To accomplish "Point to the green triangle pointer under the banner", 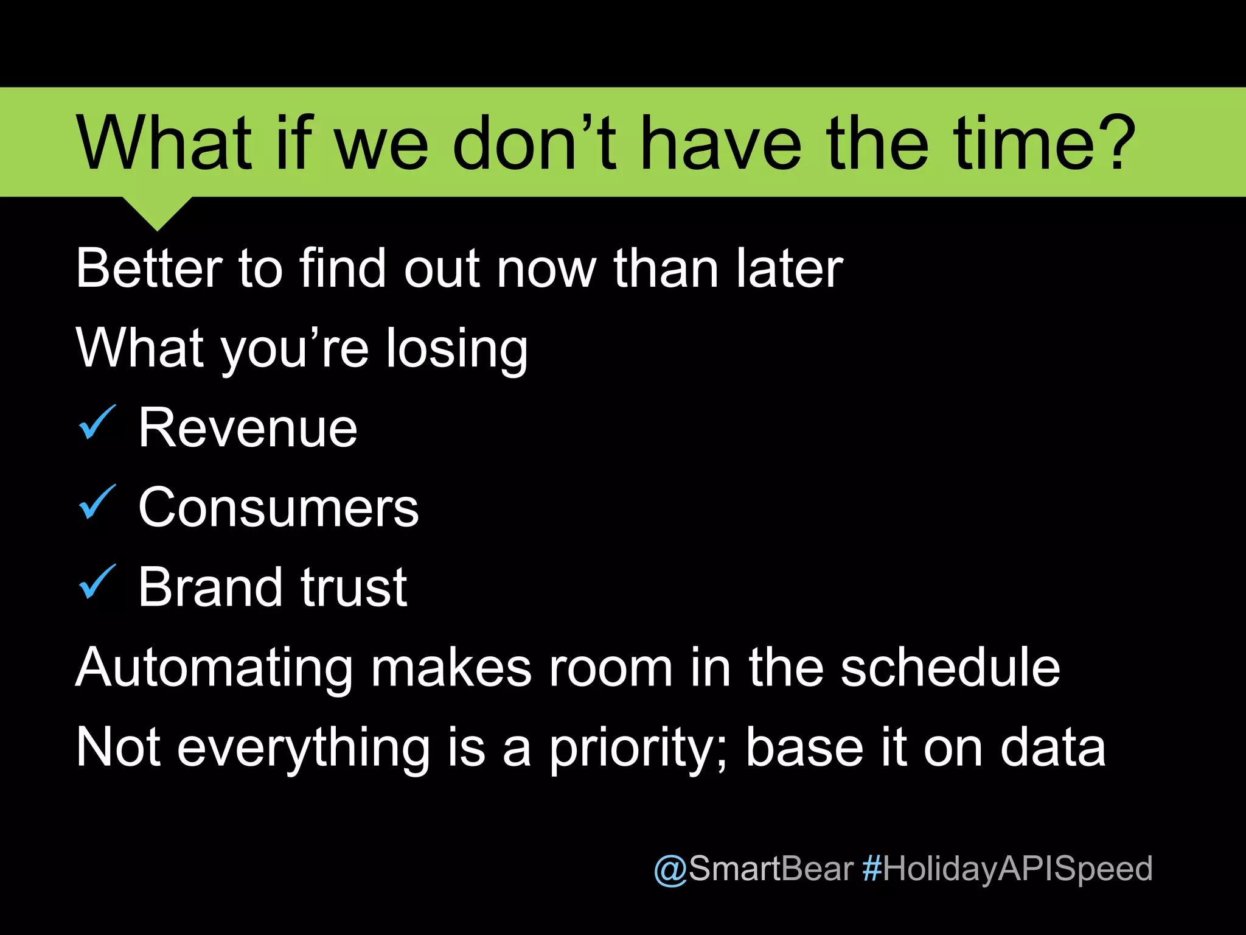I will coord(157,212).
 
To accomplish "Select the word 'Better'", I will coord(149,268).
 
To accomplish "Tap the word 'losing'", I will coord(457,349).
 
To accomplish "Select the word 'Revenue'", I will coord(248,429).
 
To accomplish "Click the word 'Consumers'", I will coord(279,508).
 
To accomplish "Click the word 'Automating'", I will coord(214,668).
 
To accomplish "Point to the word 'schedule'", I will coord(950,668).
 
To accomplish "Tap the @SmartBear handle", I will coord(753,869).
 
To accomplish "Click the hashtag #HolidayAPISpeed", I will coord(1008,869).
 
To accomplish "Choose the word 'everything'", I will coord(304,749).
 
